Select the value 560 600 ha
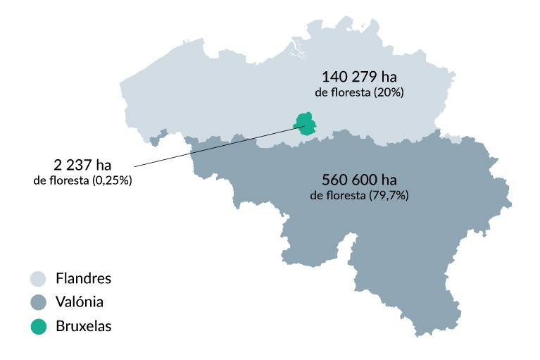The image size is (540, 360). pos(358,178)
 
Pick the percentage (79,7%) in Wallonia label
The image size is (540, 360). pos(389,195)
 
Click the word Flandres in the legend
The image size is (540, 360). pos(83,279)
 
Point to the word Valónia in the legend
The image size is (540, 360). pos(80,303)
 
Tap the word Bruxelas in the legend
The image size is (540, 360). pos(83,326)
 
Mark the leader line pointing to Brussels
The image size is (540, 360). pos(211,148)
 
